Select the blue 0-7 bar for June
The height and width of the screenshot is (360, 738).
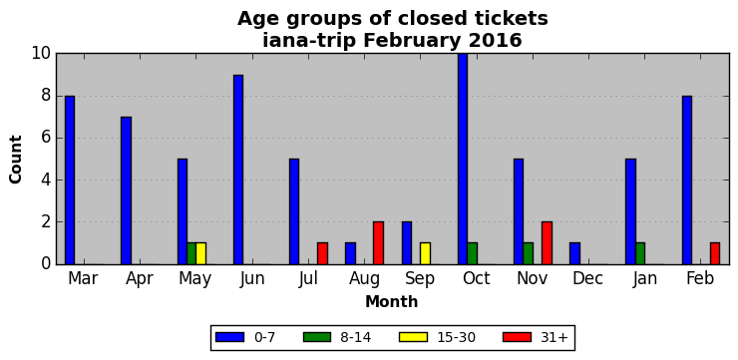pos(238,170)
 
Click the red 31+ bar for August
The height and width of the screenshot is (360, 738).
pos(378,242)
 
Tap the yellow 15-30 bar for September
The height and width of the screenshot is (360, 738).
pos(425,253)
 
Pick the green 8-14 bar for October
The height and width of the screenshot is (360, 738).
pos(472,253)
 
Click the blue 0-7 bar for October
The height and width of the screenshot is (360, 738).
pos(463,160)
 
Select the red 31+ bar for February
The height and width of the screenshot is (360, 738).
pos(715,253)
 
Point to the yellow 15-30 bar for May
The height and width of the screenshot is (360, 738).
pos(201,253)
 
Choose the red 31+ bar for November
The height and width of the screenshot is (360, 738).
pos(547,242)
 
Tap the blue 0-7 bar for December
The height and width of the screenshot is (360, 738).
pos(574,253)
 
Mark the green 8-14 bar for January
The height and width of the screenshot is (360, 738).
pos(640,253)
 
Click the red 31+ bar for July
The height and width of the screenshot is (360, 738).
pos(322,253)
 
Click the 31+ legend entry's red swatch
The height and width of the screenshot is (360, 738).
pos(518,337)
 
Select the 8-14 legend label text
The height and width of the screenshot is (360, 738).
pos(355,337)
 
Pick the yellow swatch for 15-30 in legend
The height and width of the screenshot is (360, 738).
pos(413,337)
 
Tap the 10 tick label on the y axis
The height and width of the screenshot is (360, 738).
pos(41,54)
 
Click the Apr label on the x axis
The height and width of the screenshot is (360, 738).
pos(140,278)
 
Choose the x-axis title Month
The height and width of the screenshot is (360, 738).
pos(392,301)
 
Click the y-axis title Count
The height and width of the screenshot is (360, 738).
pos(16,160)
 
